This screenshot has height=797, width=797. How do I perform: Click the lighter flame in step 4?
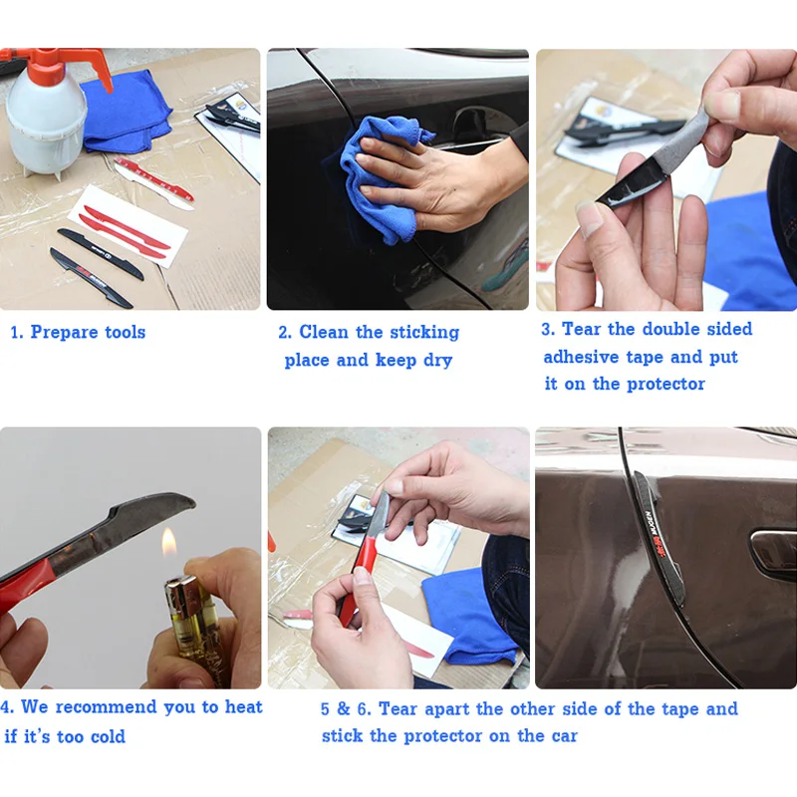[x=168, y=543]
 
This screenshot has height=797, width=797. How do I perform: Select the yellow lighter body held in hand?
[x=195, y=631]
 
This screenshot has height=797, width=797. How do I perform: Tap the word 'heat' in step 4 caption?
[x=243, y=707]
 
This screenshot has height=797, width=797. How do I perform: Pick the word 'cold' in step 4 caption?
[x=108, y=736]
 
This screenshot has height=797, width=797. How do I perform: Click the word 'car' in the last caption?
[x=564, y=736]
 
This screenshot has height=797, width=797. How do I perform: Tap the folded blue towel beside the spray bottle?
[x=128, y=111]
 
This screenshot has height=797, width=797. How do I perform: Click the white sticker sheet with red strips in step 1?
[x=129, y=227]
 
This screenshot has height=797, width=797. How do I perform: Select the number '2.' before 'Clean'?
[x=285, y=333]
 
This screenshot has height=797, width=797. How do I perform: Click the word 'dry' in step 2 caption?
[x=437, y=361]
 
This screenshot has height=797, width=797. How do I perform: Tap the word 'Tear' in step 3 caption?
[x=582, y=329]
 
